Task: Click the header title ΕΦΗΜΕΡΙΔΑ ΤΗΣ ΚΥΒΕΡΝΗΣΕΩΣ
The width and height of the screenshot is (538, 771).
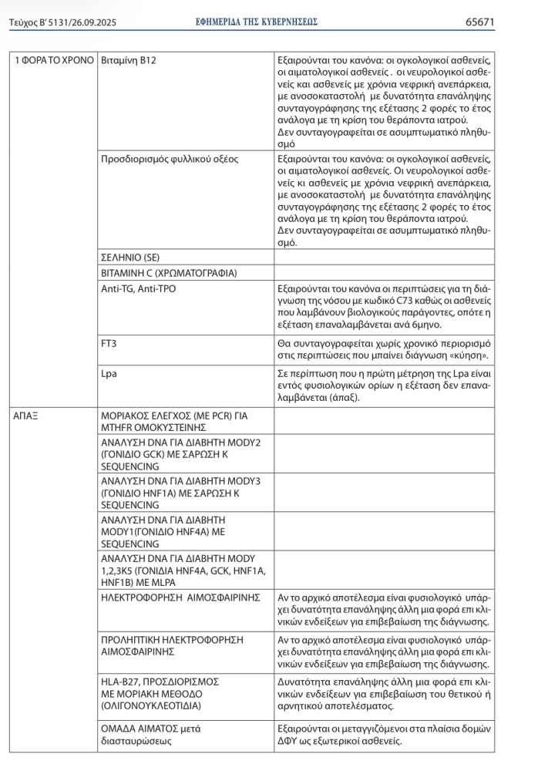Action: tap(257, 22)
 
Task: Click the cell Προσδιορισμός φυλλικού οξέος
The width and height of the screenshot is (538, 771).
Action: tap(170, 159)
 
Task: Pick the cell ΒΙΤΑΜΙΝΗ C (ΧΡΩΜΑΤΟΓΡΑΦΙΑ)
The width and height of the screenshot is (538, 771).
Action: tap(169, 274)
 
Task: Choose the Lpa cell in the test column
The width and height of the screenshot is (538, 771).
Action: tap(109, 373)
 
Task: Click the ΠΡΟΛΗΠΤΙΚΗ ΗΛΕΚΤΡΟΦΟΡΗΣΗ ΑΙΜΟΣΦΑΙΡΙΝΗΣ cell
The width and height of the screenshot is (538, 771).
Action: tap(172, 645)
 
